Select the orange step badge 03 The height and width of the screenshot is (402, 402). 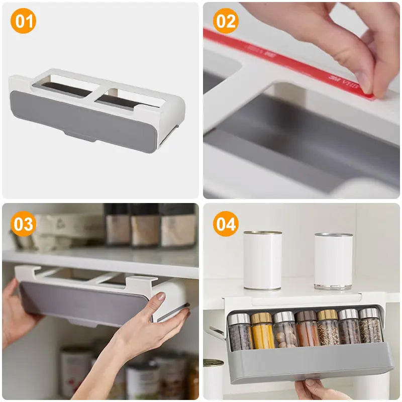coord(23,224)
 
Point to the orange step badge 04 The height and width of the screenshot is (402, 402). coord(226,224)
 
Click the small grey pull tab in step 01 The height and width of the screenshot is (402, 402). coord(80,135)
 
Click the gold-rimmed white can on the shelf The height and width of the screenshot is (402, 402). coord(262,260)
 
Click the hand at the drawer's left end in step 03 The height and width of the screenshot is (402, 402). coord(15,312)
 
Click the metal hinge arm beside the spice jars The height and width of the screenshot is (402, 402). coord(217,332)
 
